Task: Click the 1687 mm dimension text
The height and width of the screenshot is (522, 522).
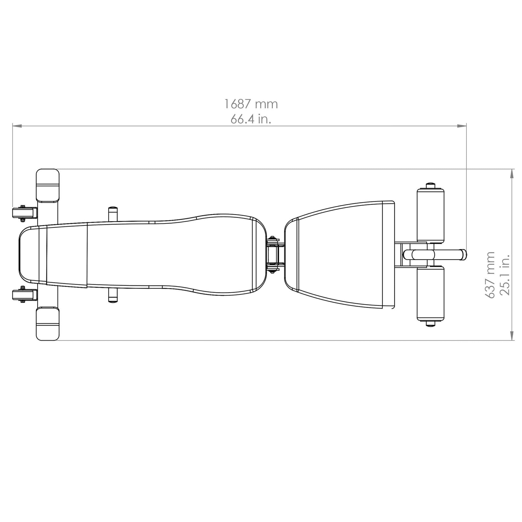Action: [x=251, y=104]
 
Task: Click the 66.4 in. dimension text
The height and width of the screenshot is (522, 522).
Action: [x=251, y=119]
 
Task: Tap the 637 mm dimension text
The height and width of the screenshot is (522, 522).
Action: [x=490, y=275]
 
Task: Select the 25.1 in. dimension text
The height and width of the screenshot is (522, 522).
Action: [x=505, y=275]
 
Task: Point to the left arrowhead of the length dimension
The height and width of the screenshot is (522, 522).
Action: [x=17, y=126]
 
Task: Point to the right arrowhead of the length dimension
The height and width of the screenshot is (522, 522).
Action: [x=462, y=126]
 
